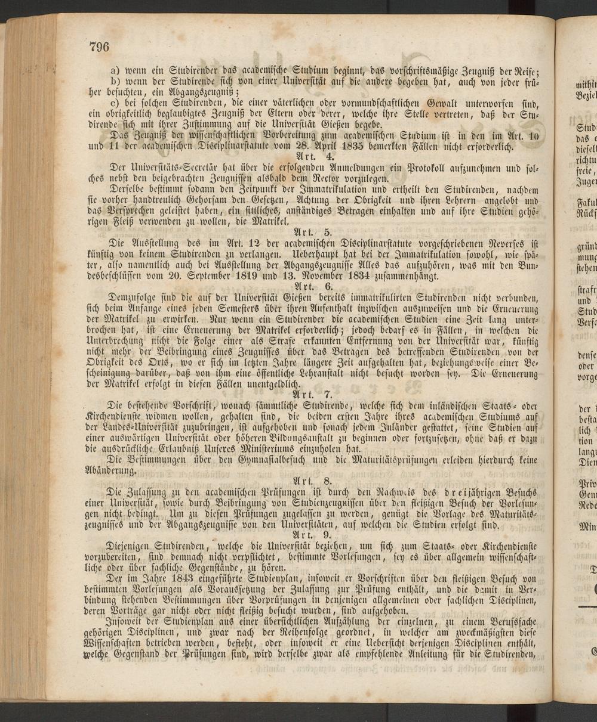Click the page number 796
tap(99, 48)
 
